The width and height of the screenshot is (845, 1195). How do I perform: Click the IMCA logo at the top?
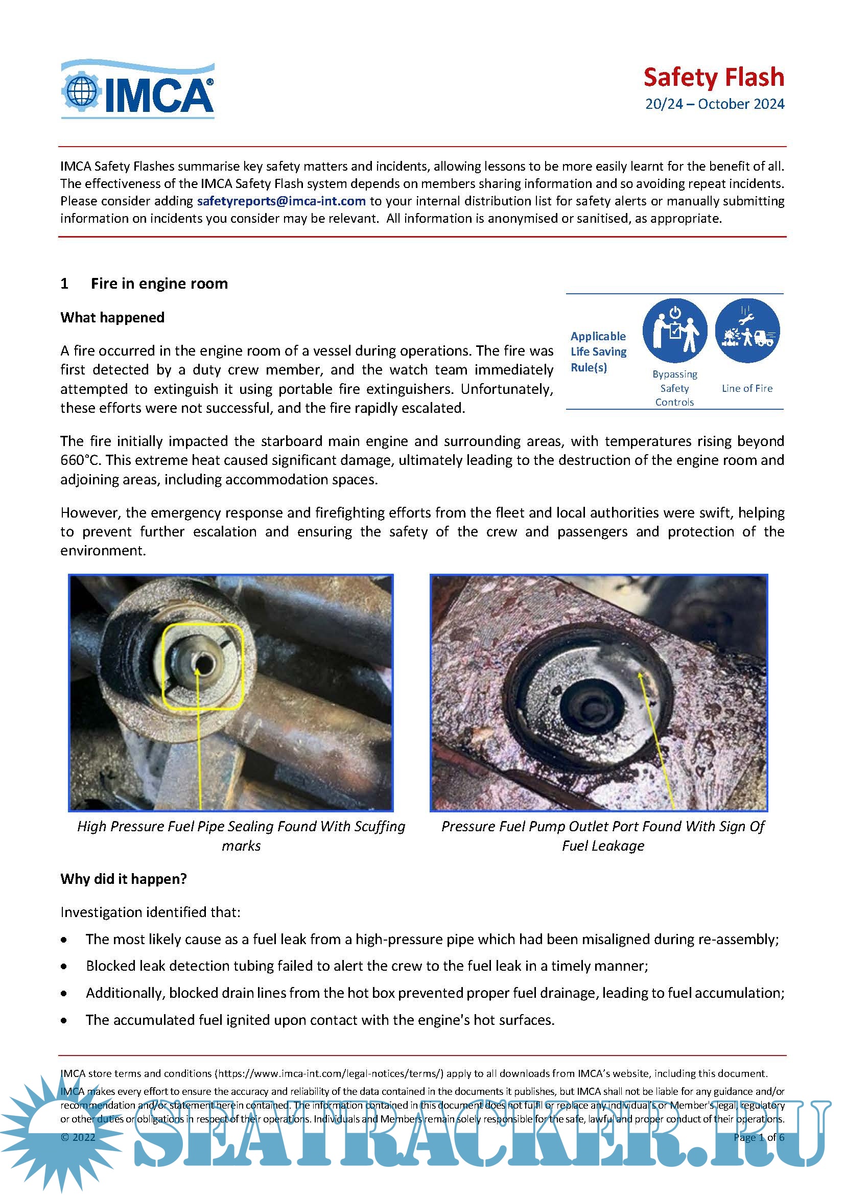[x=138, y=89]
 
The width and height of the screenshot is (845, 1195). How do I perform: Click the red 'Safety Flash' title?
[x=713, y=77]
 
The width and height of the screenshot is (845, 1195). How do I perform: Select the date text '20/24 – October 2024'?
[x=714, y=104]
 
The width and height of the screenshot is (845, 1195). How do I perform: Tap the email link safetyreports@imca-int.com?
[x=281, y=201]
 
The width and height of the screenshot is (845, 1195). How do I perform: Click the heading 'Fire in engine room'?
[x=159, y=284]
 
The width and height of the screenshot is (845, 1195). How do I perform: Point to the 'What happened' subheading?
[x=112, y=317]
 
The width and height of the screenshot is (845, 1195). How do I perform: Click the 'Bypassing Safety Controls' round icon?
[x=674, y=331]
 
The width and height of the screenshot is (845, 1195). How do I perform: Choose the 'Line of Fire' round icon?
[x=747, y=331]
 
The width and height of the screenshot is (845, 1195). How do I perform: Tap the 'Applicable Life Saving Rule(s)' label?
[x=598, y=352]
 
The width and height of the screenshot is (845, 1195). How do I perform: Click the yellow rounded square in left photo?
[x=203, y=666]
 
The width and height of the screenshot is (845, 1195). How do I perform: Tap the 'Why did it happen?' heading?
[x=123, y=879]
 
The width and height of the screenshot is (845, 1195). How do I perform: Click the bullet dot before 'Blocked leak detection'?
[x=64, y=967]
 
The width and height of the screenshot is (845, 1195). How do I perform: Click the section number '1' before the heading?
[x=64, y=284]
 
